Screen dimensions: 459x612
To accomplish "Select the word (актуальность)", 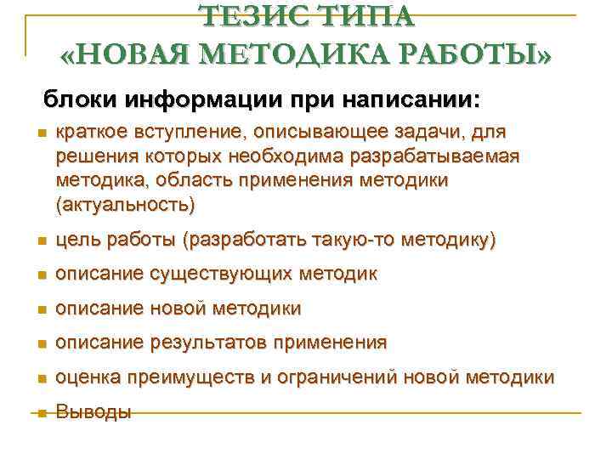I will (x=125, y=204).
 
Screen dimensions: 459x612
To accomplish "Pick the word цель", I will (x=75, y=241).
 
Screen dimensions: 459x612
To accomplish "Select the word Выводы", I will (x=93, y=412).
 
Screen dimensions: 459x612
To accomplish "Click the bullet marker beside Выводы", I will (x=39, y=413).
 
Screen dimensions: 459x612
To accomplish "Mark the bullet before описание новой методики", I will (x=39, y=309).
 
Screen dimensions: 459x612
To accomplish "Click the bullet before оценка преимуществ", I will (x=39, y=378).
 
